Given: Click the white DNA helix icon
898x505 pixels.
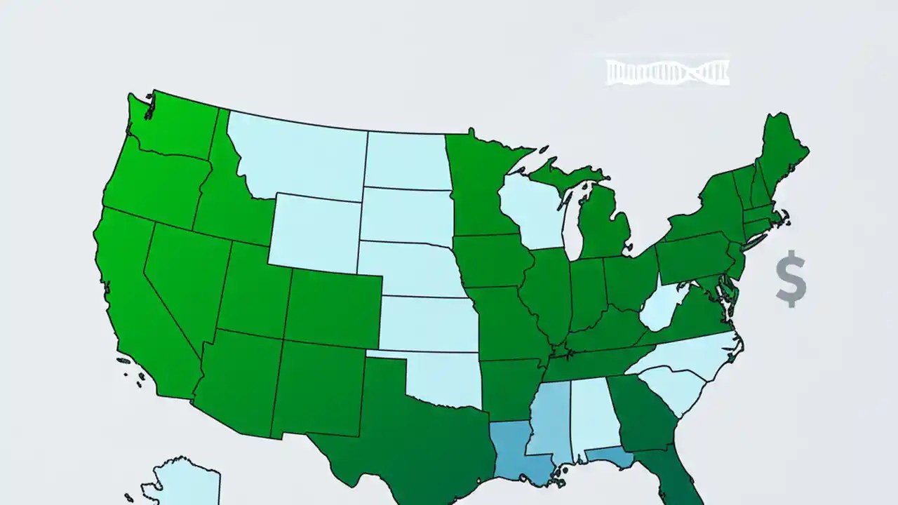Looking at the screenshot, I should (667, 72).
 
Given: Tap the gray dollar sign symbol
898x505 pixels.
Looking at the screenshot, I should (791, 279).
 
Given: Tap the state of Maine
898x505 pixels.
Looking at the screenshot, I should (782, 151).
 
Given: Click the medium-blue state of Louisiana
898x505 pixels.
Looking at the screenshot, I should (516, 449).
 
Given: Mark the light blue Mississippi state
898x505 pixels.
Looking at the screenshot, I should (551, 417).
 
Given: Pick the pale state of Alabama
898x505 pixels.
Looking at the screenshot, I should (589, 417).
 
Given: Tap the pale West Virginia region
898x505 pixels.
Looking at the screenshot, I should (663, 305).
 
